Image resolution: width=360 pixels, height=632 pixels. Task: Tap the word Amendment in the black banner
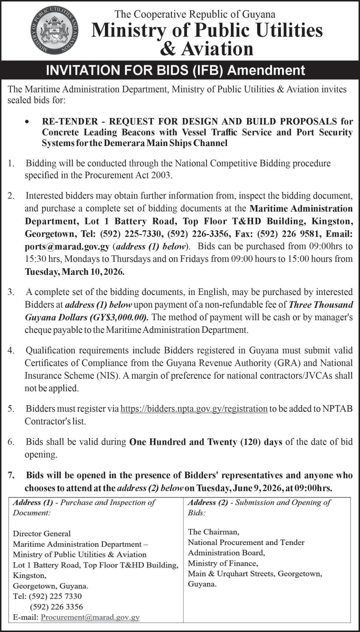coord(266,71)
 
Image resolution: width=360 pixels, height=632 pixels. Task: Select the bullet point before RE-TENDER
coord(27,121)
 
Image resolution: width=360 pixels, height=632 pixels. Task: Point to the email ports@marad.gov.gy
coord(67,246)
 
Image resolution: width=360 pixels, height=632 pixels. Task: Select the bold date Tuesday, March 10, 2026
coord(74,272)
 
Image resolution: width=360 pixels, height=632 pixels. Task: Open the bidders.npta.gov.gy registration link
coord(194,409)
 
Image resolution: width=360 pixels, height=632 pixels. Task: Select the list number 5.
coord(11,409)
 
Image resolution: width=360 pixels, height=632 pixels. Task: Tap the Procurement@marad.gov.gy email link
coord(90,617)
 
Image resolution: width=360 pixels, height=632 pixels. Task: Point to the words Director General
coord(42,534)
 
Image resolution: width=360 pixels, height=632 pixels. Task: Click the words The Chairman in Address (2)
coord(213,532)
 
